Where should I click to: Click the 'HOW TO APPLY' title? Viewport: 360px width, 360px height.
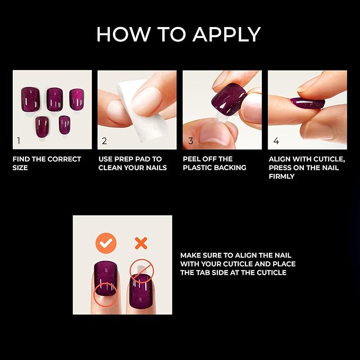[x=178, y=34]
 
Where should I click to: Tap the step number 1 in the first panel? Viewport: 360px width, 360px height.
[x=19, y=141]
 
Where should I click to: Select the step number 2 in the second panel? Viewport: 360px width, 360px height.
[x=104, y=141]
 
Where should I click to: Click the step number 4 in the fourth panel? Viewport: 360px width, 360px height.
[x=276, y=141]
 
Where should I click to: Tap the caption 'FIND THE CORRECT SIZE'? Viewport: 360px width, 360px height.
[x=47, y=163]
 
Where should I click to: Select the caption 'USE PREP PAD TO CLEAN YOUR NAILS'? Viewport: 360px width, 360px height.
[x=133, y=163]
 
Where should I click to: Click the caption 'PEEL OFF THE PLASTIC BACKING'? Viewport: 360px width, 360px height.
[x=215, y=163]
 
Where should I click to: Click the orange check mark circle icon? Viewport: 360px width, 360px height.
[x=106, y=243]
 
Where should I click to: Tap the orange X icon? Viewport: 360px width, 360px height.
[x=141, y=243]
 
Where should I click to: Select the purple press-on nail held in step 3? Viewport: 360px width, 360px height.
[x=229, y=100]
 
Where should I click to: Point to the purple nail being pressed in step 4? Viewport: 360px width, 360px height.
[x=307, y=102]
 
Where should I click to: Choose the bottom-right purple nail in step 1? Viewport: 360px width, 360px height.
[x=65, y=125]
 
